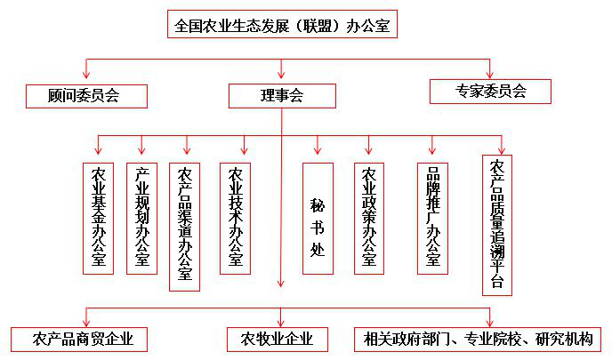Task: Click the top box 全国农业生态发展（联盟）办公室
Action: click(x=282, y=24)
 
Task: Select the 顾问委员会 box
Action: click(x=86, y=96)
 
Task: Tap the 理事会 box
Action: click(x=282, y=96)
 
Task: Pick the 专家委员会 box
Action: click(x=490, y=92)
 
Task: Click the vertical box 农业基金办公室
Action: click(x=99, y=219)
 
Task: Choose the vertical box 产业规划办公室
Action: click(x=141, y=219)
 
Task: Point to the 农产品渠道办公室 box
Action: click(x=185, y=227)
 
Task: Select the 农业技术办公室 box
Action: click(x=236, y=219)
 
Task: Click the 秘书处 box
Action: click(x=318, y=219)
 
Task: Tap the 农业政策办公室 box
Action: click(x=369, y=219)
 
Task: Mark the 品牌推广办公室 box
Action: click(x=432, y=219)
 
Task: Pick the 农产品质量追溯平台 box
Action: click(x=497, y=225)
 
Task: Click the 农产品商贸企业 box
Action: click(x=79, y=340)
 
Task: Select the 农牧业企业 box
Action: click(x=278, y=340)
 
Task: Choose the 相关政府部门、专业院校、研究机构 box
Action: click(x=478, y=340)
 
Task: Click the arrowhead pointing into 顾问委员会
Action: click(x=86, y=75)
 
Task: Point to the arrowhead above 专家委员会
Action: click(x=489, y=75)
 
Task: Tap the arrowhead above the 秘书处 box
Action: click(x=318, y=150)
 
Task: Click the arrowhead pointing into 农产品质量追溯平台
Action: click(x=502, y=150)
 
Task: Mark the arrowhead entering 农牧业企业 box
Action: click(x=280, y=323)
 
